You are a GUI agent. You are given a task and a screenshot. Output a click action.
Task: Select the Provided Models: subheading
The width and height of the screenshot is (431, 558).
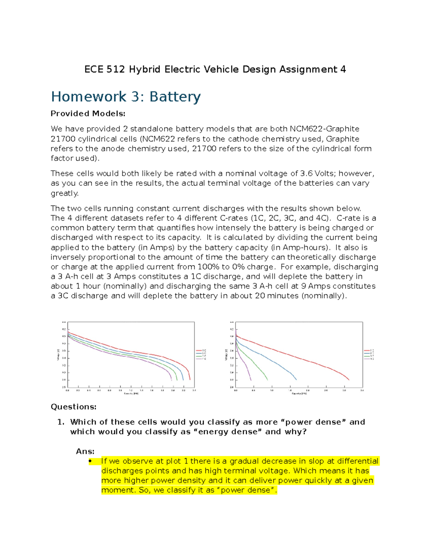88,114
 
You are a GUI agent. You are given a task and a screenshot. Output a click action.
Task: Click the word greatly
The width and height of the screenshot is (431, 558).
65,193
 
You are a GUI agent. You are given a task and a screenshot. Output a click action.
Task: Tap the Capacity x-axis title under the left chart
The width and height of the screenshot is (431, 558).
131,393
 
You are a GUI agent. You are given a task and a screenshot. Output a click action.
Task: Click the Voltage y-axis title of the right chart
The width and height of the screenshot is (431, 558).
226,354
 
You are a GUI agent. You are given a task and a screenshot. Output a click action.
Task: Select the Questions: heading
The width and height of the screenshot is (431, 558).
73,407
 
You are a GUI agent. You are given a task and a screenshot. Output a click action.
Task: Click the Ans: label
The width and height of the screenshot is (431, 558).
85,451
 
